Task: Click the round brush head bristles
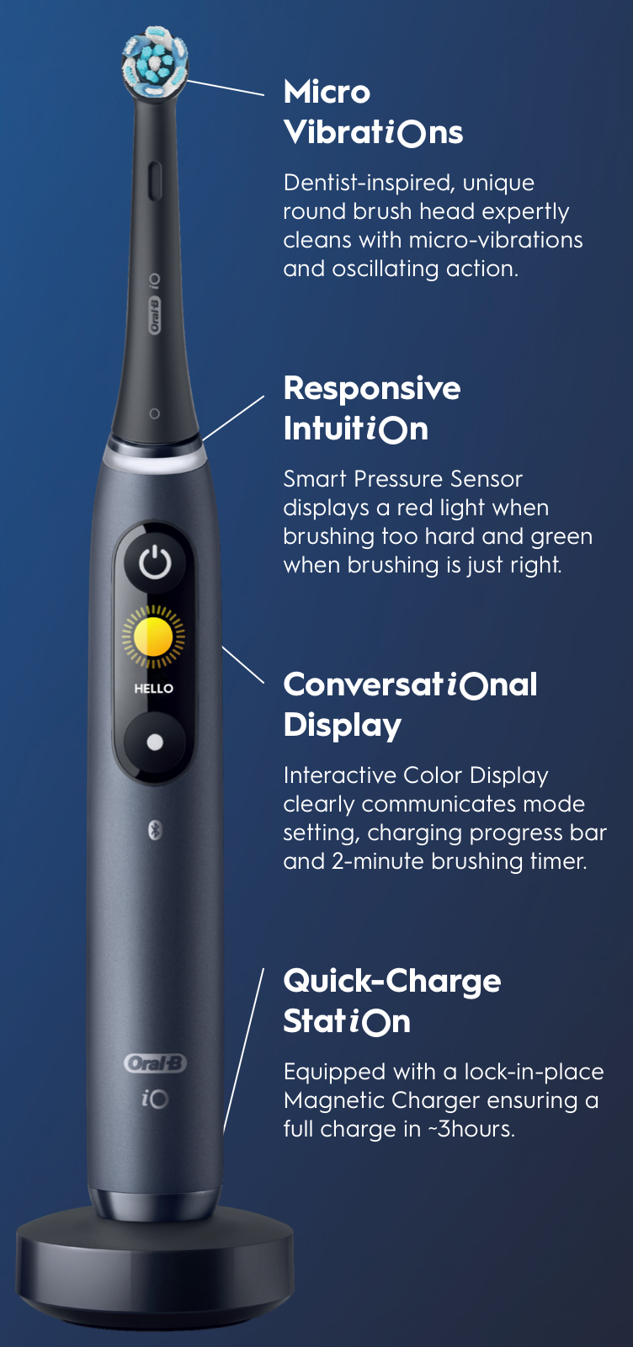pyautogui.click(x=155, y=62)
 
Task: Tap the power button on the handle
pyautogui.click(x=155, y=563)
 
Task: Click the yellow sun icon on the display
pyautogui.click(x=154, y=636)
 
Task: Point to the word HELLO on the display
pyautogui.click(x=154, y=689)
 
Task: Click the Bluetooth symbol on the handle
pyautogui.click(x=155, y=830)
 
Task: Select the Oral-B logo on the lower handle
pyautogui.click(x=155, y=1063)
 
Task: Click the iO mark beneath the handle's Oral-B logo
pyautogui.click(x=155, y=1099)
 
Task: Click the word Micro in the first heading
pyautogui.click(x=327, y=92)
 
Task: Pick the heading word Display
pyautogui.click(x=343, y=726)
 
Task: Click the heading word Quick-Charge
pyautogui.click(x=392, y=982)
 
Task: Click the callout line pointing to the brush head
pyautogui.click(x=226, y=88)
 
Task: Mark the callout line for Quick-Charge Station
pyautogui.click(x=243, y=1052)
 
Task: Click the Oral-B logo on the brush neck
pyautogui.click(x=155, y=315)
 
